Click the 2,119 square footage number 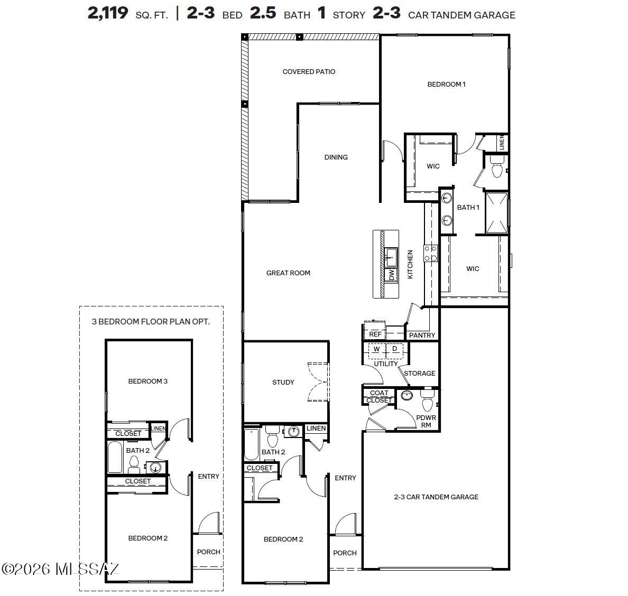coord(108,13)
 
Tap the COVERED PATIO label coord(309,72)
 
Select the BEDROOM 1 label coord(446,85)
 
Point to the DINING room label coord(336,157)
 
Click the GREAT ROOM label coord(288,273)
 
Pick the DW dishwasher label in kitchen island coord(392,275)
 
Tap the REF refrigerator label coord(375,334)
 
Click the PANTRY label coord(422,336)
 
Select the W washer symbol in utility coord(377,349)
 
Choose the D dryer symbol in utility coord(394,349)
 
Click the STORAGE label coord(419,374)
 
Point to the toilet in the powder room coord(427,402)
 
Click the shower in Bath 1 coord(496,213)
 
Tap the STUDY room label coord(283,383)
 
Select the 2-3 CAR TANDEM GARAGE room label coord(436,497)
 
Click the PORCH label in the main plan coord(345,553)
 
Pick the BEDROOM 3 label coord(147,381)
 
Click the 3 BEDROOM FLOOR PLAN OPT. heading coord(151,322)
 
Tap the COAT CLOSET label coord(379,397)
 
